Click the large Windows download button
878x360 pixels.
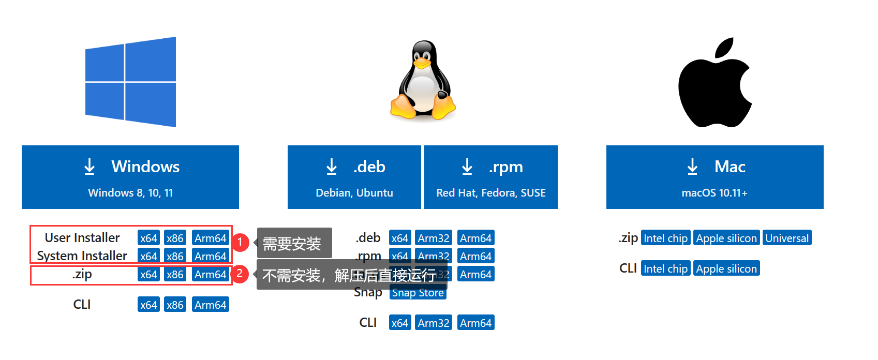pos(130,177)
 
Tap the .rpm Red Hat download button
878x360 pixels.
pos(490,177)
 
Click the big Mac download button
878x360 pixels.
pos(715,177)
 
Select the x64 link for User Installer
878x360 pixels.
pos(148,238)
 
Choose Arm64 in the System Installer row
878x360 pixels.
pos(210,256)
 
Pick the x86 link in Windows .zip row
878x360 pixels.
pos(175,274)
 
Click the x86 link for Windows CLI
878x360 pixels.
pos(175,305)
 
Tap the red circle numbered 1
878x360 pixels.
pos(240,242)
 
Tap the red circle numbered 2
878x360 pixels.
pos(240,274)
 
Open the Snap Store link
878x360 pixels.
pos(418,293)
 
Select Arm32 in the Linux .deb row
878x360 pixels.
pos(433,238)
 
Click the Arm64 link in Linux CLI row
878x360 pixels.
pos(475,323)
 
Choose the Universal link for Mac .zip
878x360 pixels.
pos(786,238)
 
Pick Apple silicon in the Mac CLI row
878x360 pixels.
pos(726,268)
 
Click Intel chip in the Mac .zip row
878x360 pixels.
pos(665,238)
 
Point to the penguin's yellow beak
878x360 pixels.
pos(422,63)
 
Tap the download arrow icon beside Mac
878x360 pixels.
pos(692,167)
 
